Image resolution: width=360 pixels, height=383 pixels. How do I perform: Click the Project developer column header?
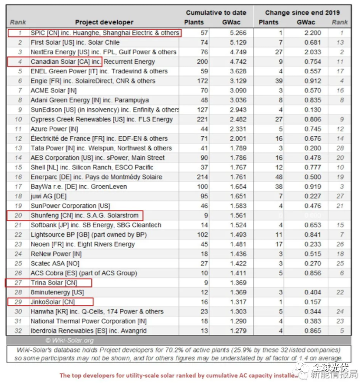click(104, 23)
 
